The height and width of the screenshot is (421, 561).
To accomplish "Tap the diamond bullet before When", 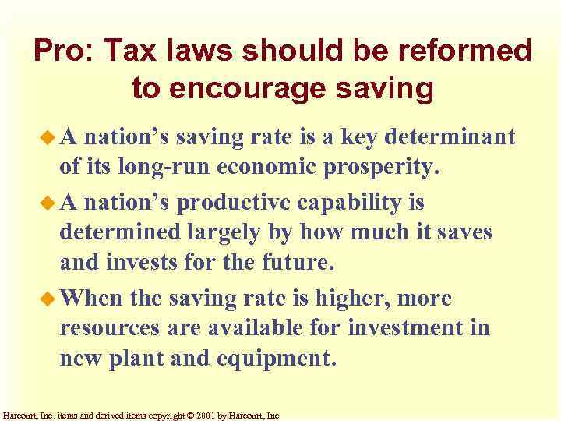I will coord(50,298).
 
